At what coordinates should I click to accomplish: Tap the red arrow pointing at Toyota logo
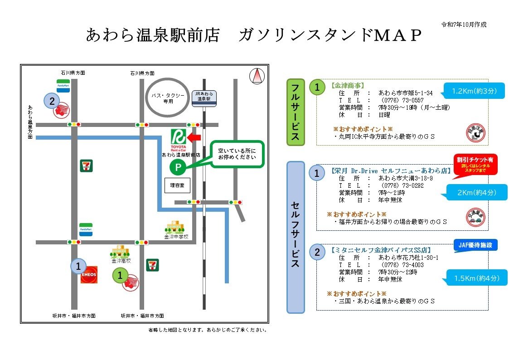point(194,137)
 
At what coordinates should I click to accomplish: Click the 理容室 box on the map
point(177,185)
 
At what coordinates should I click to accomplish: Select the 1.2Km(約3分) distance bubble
point(474,91)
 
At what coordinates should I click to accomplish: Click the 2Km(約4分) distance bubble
point(477,193)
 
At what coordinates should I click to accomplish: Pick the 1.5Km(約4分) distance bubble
point(476,278)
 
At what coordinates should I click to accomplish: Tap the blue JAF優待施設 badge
point(475,245)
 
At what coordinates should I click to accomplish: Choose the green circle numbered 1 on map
point(120,275)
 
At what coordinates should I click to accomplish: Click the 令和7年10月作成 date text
point(464,24)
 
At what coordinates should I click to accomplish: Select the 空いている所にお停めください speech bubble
point(237,154)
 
